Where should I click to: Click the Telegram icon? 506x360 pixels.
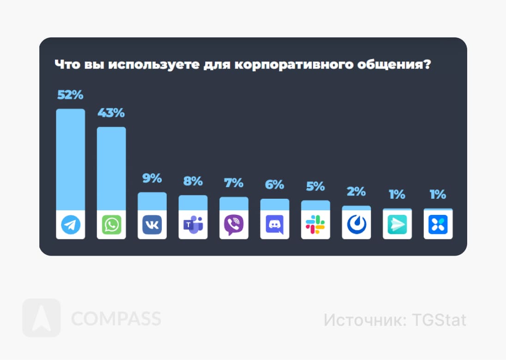[71, 225]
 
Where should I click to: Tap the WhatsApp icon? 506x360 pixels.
[111, 225]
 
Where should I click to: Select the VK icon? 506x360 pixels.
[152, 225]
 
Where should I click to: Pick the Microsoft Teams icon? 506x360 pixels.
[193, 225]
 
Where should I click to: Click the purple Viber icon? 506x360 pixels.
[234, 225]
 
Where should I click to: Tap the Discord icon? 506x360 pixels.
[274, 225]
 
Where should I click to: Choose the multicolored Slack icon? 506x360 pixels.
[315, 225]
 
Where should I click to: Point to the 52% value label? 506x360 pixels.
[70, 95]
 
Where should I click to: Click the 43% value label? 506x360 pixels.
[111, 113]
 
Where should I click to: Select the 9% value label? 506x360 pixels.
[152, 178]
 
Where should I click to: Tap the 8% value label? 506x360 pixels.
[193, 181]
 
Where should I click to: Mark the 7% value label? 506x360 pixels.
[234, 183]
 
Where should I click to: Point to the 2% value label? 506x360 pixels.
[356, 191]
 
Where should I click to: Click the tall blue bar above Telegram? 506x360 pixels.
[71, 159]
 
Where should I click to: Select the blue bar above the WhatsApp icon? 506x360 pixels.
[111, 169]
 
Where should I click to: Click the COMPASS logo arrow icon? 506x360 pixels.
[42, 317]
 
